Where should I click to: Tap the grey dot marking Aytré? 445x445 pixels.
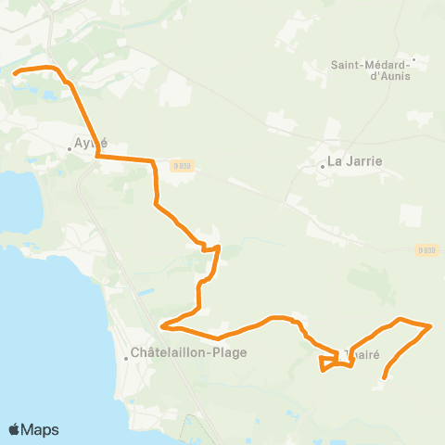click(x=70, y=148)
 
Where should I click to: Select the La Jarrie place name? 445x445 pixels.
click(x=355, y=160)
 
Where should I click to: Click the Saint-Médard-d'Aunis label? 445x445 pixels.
click(x=371, y=70)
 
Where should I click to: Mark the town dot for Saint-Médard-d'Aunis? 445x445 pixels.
click(x=414, y=62)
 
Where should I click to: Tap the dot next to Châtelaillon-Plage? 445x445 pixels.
click(x=127, y=358)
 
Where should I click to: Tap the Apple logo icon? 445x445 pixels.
click(x=15, y=429)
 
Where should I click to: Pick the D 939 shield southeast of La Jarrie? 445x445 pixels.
click(x=426, y=249)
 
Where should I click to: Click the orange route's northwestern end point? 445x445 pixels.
click(x=15, y=71)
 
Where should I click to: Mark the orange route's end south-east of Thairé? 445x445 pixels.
click(x=385, y=376)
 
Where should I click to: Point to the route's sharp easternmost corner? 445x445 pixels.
click(x=431, y=325)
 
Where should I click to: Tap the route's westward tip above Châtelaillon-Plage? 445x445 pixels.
click(x=163, y=325)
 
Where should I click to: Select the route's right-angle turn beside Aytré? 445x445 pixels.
click(x=97, y=158)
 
